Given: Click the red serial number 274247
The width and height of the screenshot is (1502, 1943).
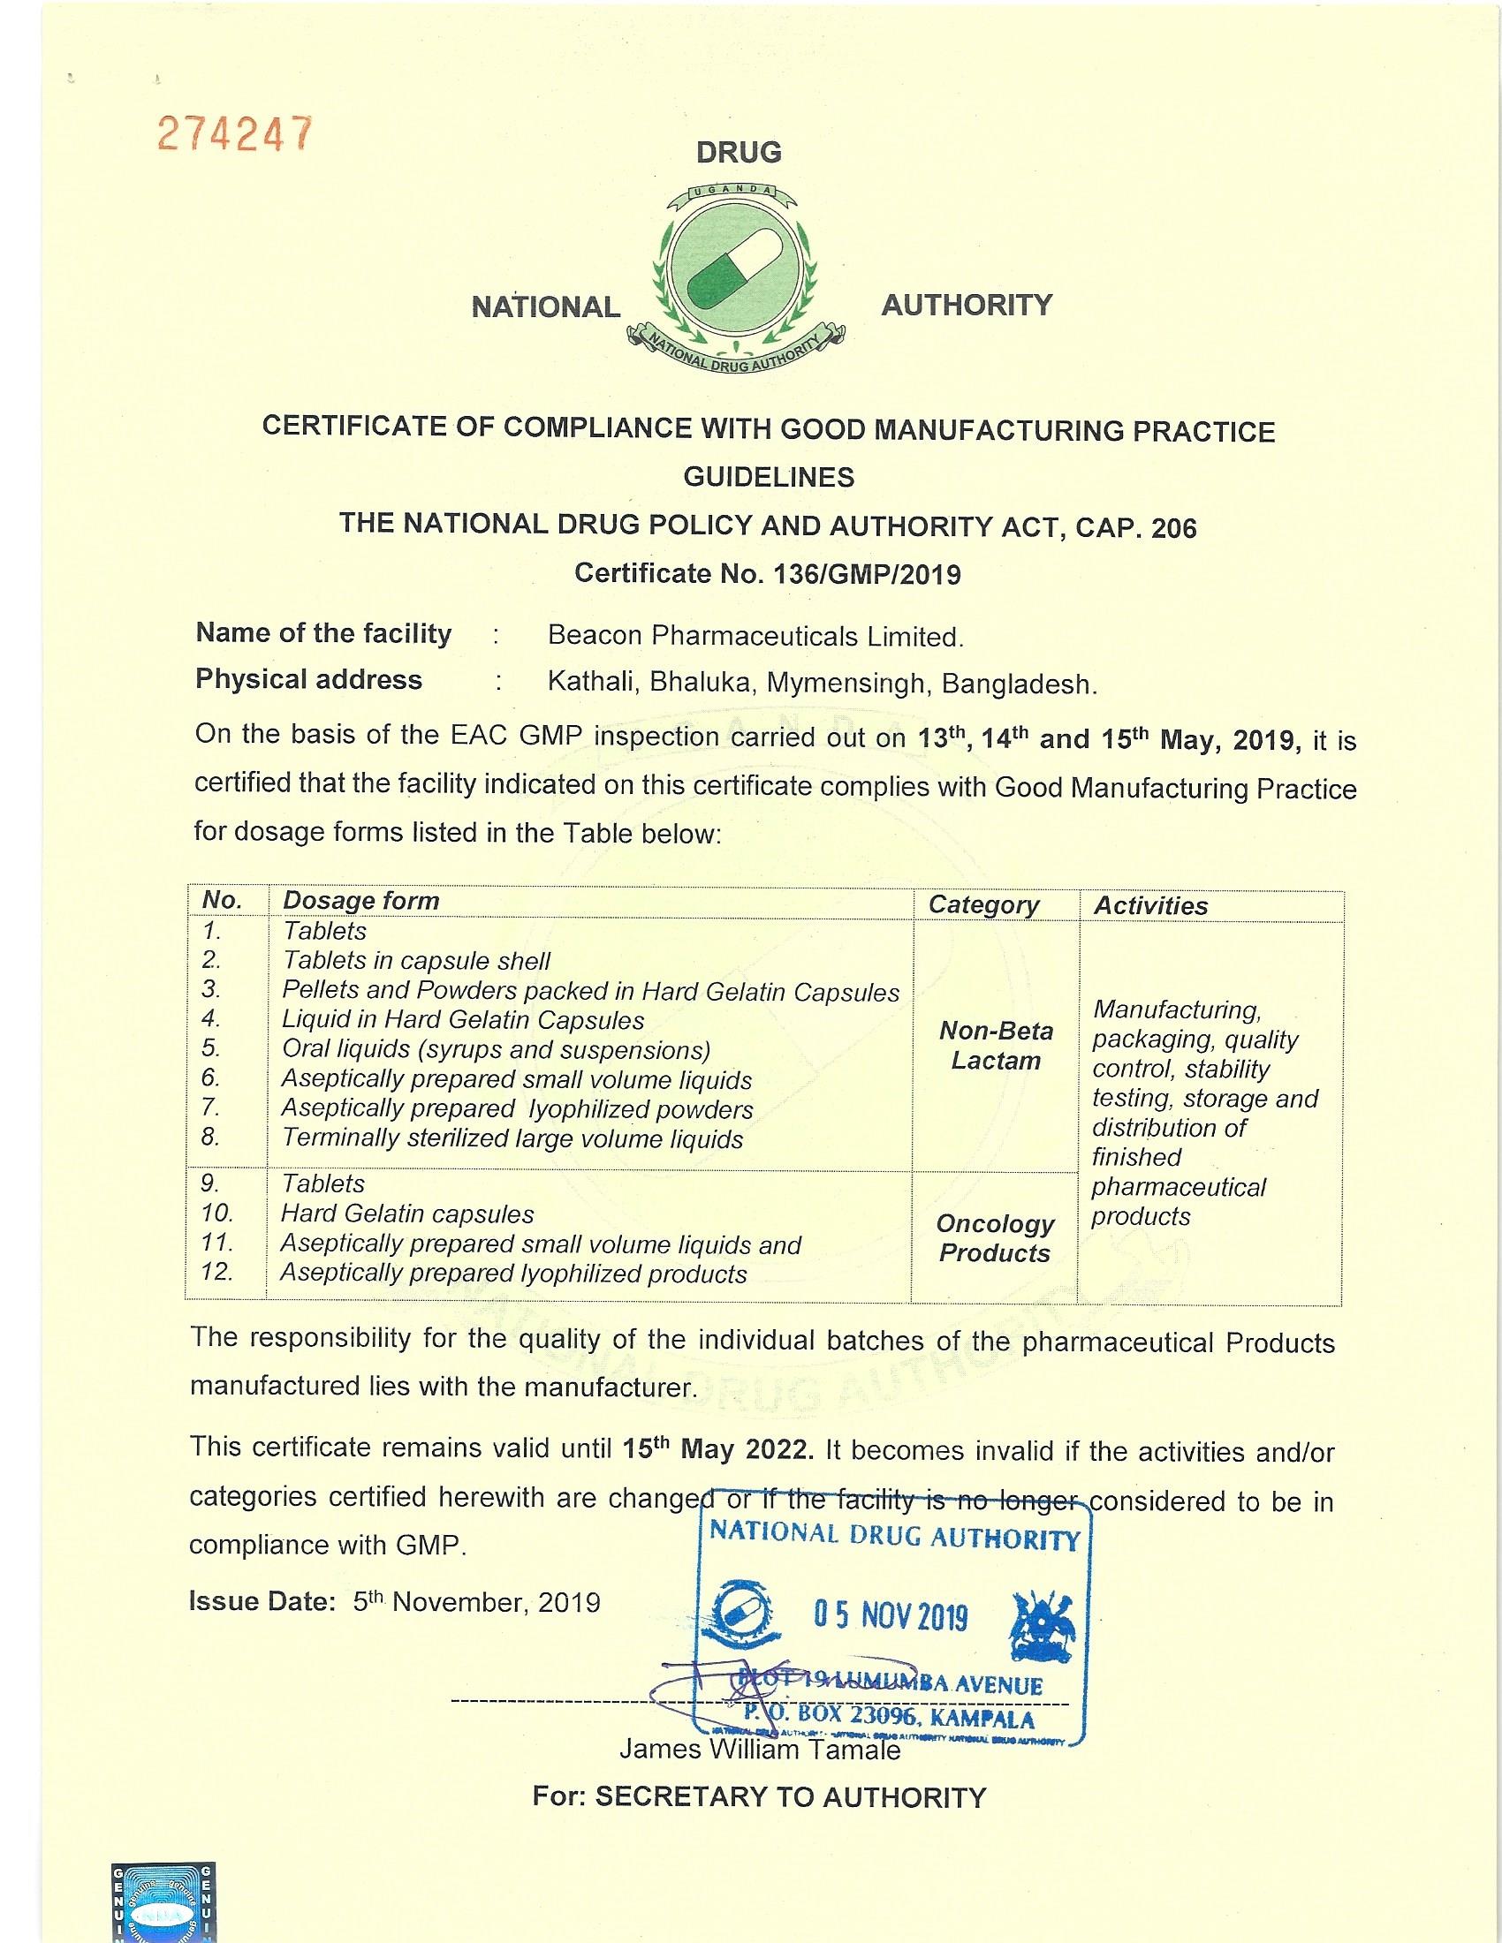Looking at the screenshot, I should (x=234, y=134).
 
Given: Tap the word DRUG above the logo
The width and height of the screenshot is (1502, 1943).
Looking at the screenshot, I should (x=739, y=152).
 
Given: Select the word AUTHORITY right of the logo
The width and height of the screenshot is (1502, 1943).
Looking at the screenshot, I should (x=967, y=306).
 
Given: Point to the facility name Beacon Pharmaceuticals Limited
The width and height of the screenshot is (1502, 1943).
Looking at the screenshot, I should (x=755, y=637).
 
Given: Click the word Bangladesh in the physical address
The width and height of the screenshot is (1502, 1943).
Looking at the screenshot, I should (x=1019, y=684).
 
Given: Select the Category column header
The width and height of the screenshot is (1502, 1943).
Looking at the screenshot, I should (x=983, y=904).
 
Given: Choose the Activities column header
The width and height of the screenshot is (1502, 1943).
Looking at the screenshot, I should (x=1149, y=905).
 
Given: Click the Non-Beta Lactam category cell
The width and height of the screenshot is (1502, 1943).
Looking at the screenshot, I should (x=996, y=1046).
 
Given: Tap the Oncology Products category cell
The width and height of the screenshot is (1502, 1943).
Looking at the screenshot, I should (x=995, y=1238).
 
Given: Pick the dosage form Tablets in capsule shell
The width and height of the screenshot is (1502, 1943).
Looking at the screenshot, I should (x=416, y=961).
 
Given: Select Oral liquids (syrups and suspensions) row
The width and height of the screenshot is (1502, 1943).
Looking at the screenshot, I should (x=496, y=1050).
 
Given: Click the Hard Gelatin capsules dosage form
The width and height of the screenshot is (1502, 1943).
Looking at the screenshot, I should (x=407, y=1213).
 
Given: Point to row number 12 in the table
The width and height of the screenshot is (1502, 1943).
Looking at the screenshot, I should (x=217, y=1272).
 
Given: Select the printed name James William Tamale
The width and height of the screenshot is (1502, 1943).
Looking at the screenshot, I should (x=760, y=1750).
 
